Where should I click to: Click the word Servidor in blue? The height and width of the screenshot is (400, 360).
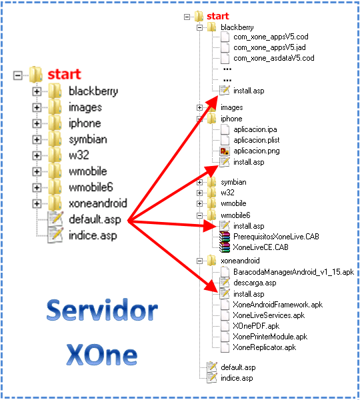[x=102, y=310]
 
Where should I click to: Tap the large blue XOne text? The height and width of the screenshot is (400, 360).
[x=102, y=355]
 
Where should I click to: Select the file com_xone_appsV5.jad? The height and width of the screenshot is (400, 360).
[x=269, y=47]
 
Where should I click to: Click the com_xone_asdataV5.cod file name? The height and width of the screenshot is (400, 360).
[x=274, y=58]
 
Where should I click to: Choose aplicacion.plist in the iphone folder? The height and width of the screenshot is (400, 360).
[x=257, y=140]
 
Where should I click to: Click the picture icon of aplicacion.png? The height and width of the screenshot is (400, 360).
[x=225, y=151]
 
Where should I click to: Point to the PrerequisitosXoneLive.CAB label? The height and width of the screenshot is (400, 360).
[x=276, y=237]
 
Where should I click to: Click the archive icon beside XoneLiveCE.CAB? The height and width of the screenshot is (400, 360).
[x=225, y=247]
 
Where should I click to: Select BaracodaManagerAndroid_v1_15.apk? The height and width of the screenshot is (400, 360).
[x=293, y=272]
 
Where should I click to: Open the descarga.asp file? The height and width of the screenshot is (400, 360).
[x=255, y=283]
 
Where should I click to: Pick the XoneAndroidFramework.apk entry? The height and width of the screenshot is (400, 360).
[x=277, y=305]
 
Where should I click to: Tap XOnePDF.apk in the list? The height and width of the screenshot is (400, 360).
[x=256, y=326]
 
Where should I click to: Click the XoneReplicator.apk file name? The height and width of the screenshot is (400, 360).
[x=264, y=347]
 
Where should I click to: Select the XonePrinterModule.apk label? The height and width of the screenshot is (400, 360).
[x=270, y=337]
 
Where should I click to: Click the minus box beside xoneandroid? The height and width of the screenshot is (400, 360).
[x=199, y=261]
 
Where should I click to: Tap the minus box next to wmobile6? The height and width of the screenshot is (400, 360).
[x=199, y=215]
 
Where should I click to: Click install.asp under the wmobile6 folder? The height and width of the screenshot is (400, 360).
[x=249, y=226]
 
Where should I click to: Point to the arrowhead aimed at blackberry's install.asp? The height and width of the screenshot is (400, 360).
[x=212, y=102]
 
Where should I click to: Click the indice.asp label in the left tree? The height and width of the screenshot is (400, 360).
[x=93, y=235]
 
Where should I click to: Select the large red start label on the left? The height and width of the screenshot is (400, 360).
[x=64, y=74]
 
